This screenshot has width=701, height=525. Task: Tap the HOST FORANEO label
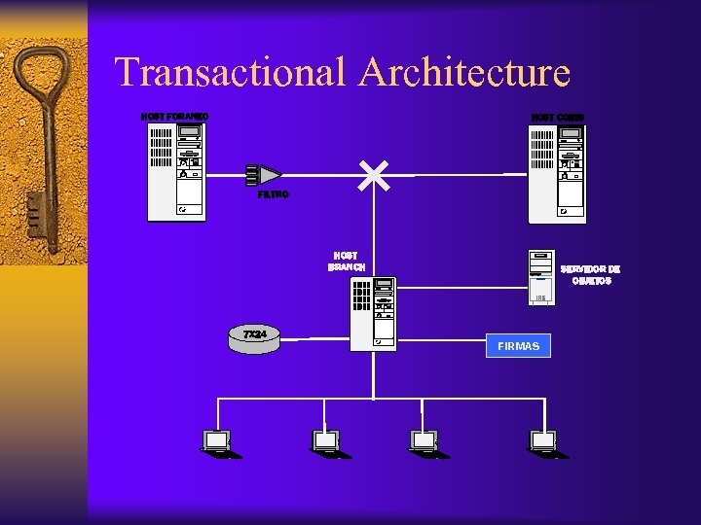[x=175, y=117]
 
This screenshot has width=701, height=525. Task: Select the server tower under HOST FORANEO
[x=176, y=173]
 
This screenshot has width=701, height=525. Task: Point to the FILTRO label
[x=273, y=195]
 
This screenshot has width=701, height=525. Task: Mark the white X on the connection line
[x=374, y=175]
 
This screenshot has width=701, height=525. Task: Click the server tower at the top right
[x=557, y=173]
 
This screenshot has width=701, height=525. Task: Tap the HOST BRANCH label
[x=346, y=262]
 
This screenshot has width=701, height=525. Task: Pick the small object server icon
[x=541, y=277]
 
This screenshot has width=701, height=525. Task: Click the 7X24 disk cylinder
[x=255, y=336]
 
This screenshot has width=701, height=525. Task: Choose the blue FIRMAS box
[x=518, y=346]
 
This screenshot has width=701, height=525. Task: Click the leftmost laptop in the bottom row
[x=216, y=442]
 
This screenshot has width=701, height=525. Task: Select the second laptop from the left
[x=324, y=442]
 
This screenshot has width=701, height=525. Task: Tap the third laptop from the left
[x=424, y=442]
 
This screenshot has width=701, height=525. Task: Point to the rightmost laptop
[x=543, y=442]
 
